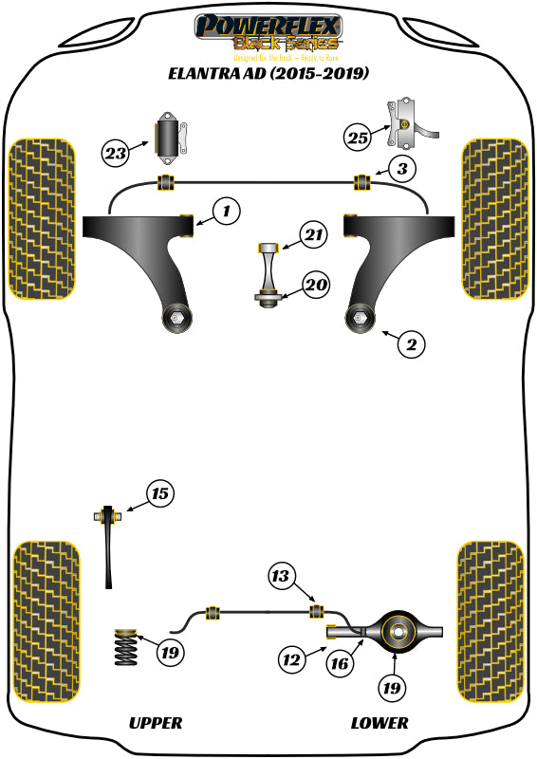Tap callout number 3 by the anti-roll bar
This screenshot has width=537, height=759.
pyautogui.click(x=403, y=170)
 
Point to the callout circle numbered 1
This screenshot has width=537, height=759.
pyautogui.click(x=226, y=212)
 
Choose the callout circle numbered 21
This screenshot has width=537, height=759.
pyautogui.click(x=313, y=234)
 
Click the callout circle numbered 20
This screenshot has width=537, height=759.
pyautogui.click(x=315, y=284)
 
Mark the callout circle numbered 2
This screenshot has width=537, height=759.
pyautogui.click(x=411, y=345)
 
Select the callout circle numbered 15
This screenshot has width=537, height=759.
pyautogui.click(x=161, y=493)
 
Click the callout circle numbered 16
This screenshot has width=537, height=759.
pyautogui.click(x=340, y=665)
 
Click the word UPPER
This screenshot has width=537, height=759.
pyautogui.click(x=155, y=723)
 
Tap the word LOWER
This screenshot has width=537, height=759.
pyautogui.click(x=380, y=723)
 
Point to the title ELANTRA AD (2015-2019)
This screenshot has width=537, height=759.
pyautogui.click(x=268, y=73)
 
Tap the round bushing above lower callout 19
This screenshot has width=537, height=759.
pyautogui.click(x=399, y=628)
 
